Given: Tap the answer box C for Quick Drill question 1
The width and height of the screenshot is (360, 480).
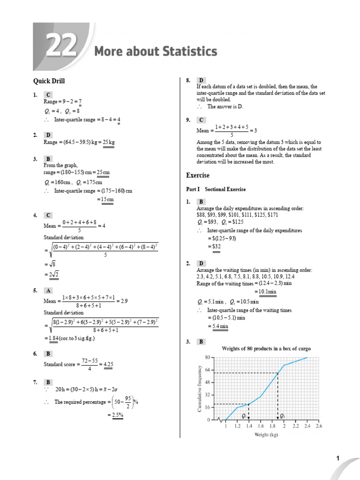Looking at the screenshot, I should pyautogui.click(x=48, y=95).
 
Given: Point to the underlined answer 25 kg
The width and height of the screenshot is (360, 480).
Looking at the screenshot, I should pyautogui.click(x=109, y=142).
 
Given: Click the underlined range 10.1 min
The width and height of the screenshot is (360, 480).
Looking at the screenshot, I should pyautogui.click(x=265, y=292).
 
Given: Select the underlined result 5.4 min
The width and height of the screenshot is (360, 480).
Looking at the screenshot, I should pyautogui.click(x=218, y=326).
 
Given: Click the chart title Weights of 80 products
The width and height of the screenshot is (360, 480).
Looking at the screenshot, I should pyautogui.click(x=266, y=349).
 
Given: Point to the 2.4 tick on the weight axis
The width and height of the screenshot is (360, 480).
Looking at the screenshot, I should pyautogui.click(x=307, y=426).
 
